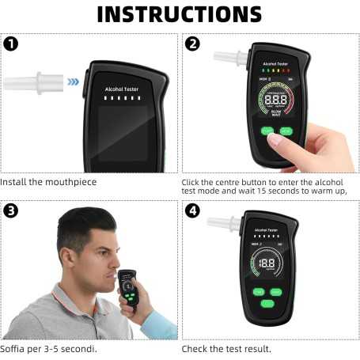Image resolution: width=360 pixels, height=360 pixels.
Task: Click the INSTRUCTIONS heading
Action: point(179,14)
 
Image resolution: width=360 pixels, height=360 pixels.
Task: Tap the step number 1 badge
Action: point(11,44)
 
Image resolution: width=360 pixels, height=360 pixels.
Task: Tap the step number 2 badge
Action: point(192,44)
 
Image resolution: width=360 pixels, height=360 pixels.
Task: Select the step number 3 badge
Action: point(11,211)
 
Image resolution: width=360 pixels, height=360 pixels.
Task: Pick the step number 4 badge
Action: point(192,211)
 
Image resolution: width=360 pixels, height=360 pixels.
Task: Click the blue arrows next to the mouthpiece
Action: point(73,81)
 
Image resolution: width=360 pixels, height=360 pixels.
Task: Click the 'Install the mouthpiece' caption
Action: point(47,181)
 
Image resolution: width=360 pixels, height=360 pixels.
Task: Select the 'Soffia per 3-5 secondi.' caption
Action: point(49,348)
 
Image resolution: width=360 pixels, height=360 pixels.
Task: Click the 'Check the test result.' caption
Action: point(226,348)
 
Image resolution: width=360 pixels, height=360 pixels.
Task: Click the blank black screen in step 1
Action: point(123,134)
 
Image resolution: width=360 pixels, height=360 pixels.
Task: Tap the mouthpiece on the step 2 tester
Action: point(230,57)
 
